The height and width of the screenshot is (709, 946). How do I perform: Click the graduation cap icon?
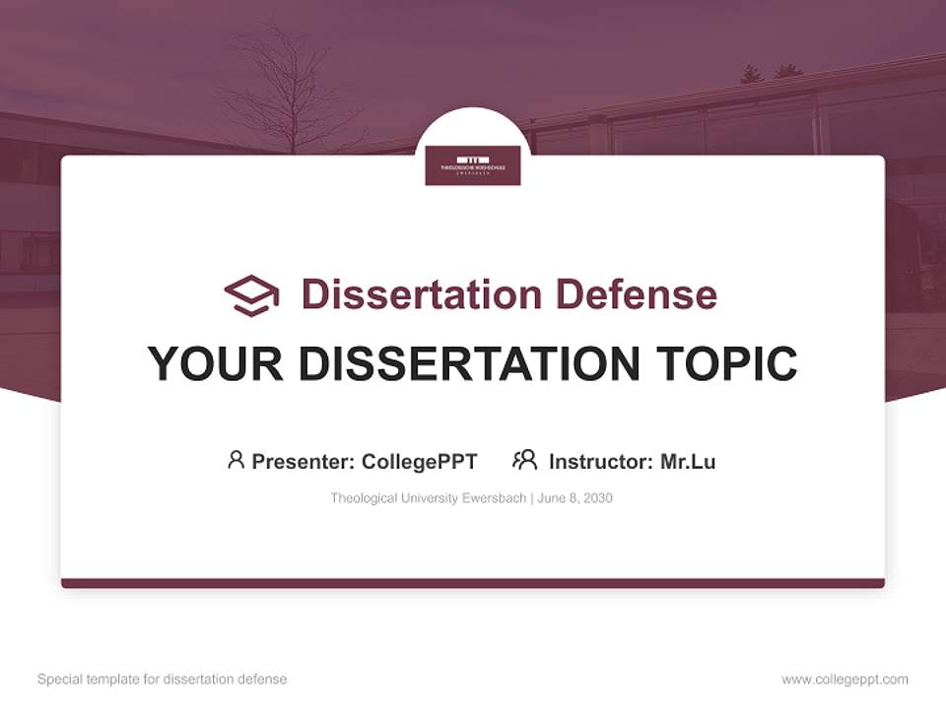[251, 295]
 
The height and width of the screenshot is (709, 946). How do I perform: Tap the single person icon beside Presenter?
[236, 460]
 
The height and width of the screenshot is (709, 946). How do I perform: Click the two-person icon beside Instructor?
[524, 460]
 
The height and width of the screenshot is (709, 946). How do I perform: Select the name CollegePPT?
[419, 462]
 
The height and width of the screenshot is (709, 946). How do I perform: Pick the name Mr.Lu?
[688, 462]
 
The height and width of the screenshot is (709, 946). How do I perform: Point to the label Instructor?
[601, 462]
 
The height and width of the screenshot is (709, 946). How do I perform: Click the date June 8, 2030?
[575, 498]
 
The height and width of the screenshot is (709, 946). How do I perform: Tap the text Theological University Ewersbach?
[429, 498]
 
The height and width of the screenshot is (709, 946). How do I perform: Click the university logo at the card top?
[473, 164]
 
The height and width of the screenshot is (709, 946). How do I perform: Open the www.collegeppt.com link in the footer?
[845, 679]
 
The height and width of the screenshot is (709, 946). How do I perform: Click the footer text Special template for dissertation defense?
[163, 679]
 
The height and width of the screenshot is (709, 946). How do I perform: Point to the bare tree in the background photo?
[287, 89]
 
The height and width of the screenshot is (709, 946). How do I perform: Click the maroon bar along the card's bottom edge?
[473, 583]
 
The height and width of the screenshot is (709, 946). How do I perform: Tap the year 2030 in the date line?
[597, 498]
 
